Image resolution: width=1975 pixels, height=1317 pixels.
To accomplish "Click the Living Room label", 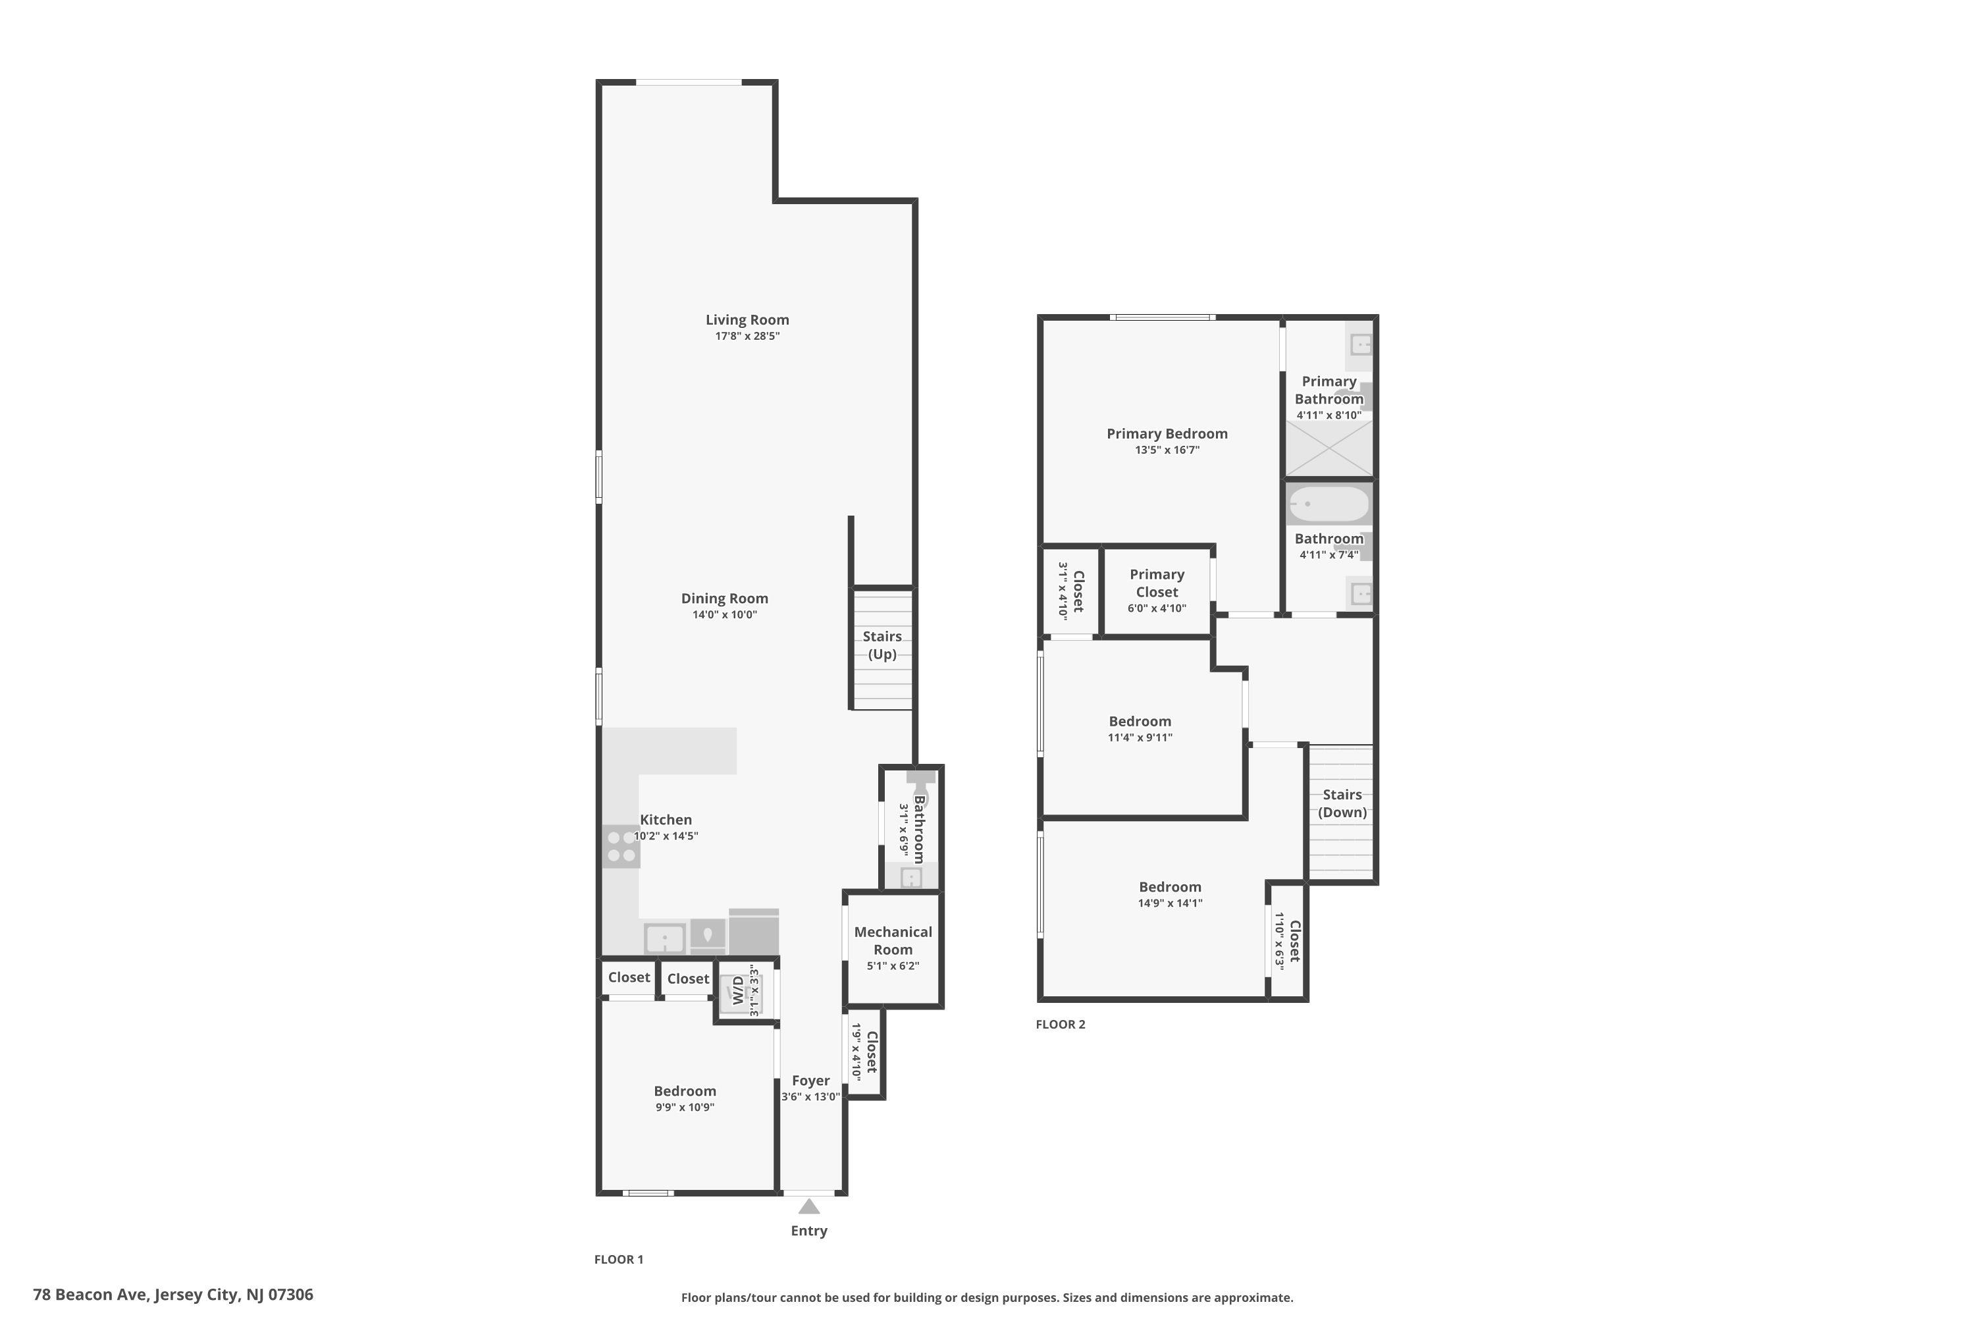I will (747, 319).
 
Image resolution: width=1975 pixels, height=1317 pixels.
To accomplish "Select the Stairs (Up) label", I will (882, 645).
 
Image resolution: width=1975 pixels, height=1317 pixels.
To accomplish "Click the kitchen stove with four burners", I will (621, 847).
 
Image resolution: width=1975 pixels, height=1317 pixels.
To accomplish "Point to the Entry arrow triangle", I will (808, 1207).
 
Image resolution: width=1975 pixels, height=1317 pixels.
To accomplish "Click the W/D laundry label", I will (738, 990).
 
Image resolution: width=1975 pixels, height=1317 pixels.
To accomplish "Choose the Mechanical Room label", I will (893, 941).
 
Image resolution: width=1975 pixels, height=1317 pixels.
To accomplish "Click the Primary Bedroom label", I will (1167, 433).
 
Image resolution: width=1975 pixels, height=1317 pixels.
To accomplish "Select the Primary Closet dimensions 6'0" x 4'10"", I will (1156, 608).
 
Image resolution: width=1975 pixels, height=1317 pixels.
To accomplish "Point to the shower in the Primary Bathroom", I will (1329, 448).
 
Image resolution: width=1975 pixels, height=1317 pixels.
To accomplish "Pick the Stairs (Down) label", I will (1342, 803).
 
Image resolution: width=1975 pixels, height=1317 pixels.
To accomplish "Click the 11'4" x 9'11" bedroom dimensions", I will (1140, 738).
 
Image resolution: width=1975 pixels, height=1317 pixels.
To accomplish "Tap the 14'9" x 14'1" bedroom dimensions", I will (1170, 903).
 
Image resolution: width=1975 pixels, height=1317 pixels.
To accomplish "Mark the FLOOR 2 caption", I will (1060, 1024).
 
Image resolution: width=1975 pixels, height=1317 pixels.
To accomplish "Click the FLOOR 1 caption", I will (618, 1259).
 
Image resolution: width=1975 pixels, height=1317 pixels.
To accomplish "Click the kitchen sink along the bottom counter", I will (664, 937).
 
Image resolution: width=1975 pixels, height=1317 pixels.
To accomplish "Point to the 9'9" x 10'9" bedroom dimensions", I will (685, 1107).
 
